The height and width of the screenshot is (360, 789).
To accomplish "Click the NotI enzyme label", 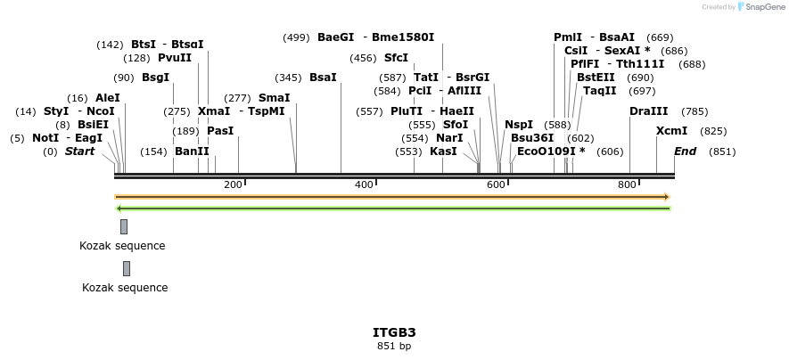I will pyautogui.click(x=45, y=138).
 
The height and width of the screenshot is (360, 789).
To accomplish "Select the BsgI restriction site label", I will pyautogui.click(x=155, y=78).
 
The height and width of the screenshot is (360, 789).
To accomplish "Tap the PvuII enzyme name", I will pyautogui.click(x=175, y=58).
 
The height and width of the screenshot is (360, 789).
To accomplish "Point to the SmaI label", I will pyautogui.click(x=274, y=98).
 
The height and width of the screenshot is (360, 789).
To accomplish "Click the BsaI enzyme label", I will pyautogui.click(x=323, y=78).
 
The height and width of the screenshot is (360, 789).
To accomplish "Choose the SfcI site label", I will pyautogui.click(x=396, y=58).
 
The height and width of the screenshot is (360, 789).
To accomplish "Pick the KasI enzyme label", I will pyautogui.click(x=443, y=151).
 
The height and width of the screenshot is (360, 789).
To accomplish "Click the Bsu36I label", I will pyautogui.click(x=532, y=138).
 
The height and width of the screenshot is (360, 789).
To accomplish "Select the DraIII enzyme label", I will pyautogui.click(x=648, y=111).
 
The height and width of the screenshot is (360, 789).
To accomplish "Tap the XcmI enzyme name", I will pyautogui.click(x=671, y=131).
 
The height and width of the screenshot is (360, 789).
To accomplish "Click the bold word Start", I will pyautogui.click(x=79, y=151).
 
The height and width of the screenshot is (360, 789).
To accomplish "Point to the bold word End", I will pyautogui.click(x=685, y=151).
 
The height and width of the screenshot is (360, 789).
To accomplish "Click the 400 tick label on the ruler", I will pyautogui.click(x=364, y=184).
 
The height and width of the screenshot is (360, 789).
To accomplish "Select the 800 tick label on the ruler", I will pyautogui.click(x=627, y=184).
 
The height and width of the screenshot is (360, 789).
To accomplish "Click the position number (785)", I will pyautogui.click(x=694, y=111).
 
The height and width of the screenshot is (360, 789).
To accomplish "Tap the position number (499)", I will pyautogui.click(x=296, y=37).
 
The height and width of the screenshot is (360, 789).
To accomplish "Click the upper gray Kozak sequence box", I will pyautogui.click(x=124, y=226).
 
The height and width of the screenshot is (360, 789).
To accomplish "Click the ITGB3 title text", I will pyautogui.click(x=394, y=332).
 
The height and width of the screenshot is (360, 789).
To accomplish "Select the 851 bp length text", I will pyautogui.click(x=394, y=346).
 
